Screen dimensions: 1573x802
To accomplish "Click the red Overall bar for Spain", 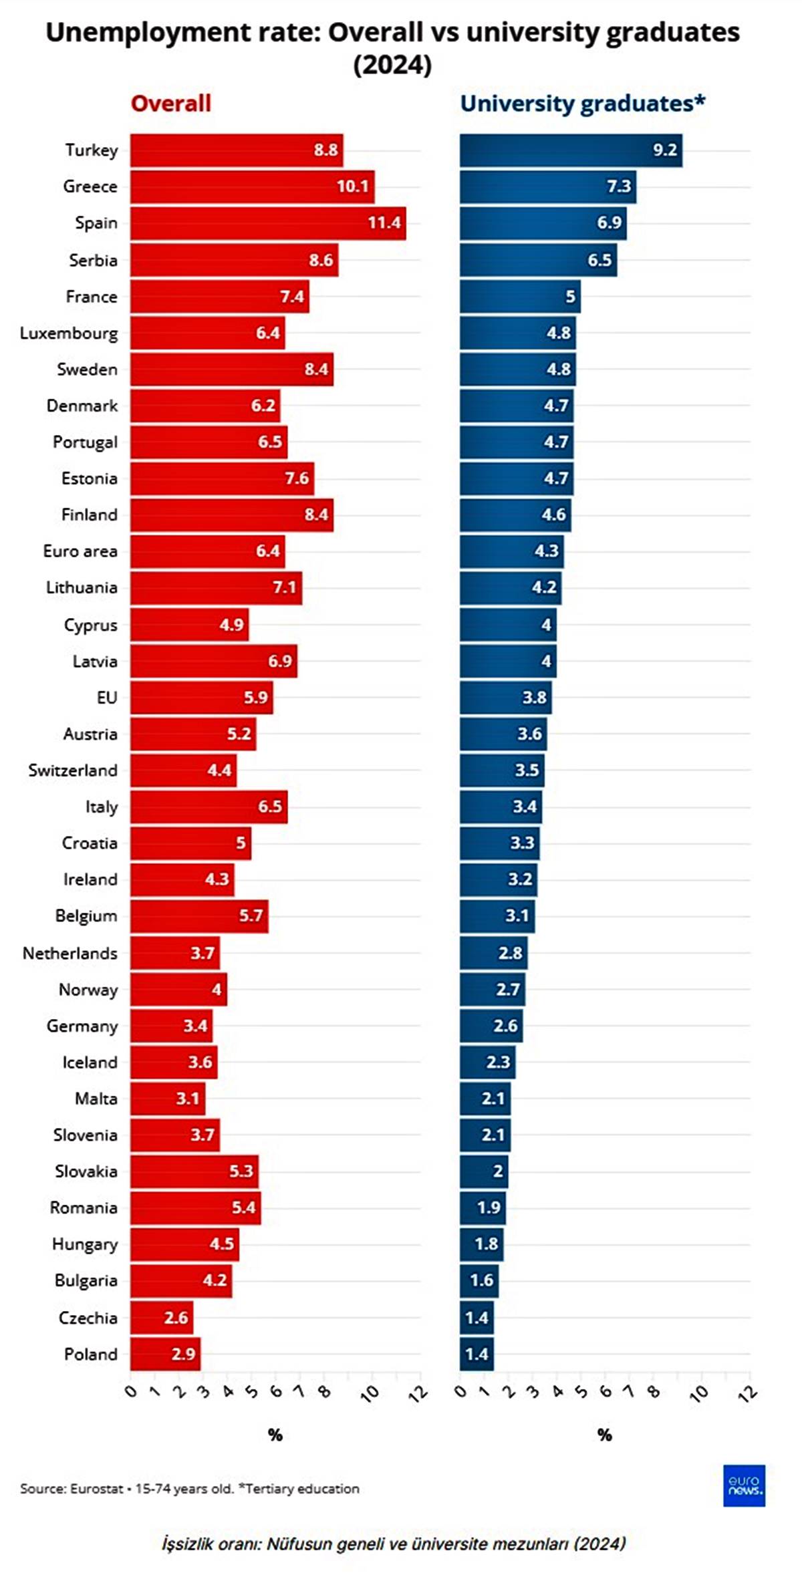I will (x=267, y=223).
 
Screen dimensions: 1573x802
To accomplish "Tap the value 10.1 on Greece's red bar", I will (x=352, y=186).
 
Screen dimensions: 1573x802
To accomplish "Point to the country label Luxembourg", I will (x=69, y=333).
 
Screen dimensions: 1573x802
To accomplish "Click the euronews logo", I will (x=743, y=1485).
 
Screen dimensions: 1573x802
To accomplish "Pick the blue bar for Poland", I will (x=476, y=1354).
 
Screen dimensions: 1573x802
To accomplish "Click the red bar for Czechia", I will (x=161, y=1318).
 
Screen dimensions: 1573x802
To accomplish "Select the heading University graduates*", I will (x=582, y=104).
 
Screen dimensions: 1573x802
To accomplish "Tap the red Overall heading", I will (x=170, y=104).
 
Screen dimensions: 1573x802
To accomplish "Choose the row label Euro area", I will (x=80, y=551).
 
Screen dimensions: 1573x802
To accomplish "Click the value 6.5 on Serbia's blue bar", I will (x=599, y=260).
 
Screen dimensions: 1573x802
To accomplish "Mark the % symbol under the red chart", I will (x=275, y=1435).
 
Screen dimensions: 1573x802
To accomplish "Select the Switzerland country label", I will (x=73, y=770).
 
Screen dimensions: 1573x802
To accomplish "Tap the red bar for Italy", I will (x=209, y=807).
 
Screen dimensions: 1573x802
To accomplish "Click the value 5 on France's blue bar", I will (x=570, y=297).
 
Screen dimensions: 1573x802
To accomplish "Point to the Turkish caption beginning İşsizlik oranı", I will (x=394, y=1544).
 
